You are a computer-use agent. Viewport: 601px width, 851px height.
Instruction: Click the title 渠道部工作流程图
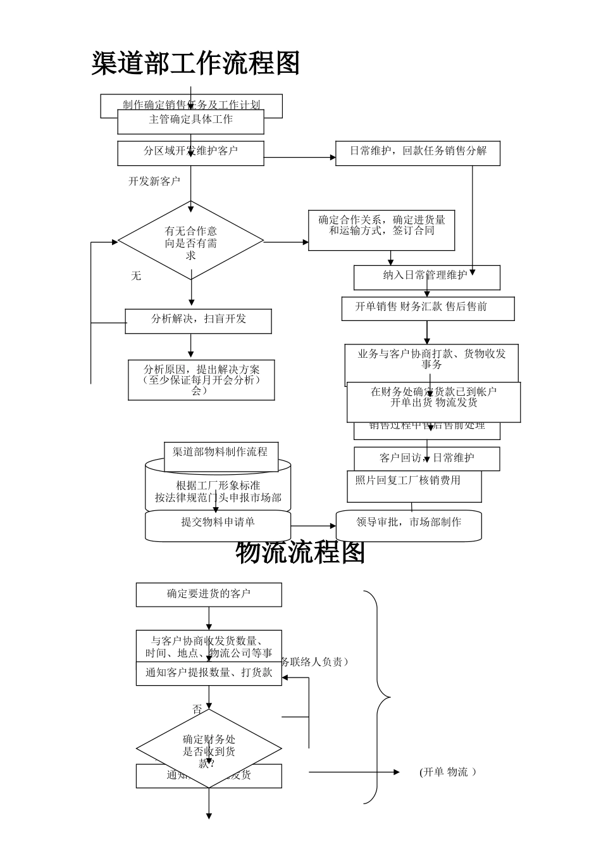click(195, 64)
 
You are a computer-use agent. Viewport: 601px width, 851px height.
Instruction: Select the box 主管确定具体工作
click(190, 120)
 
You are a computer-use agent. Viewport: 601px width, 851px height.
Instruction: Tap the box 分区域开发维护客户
click(190, 152)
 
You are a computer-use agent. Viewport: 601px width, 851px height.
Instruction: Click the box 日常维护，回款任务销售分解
click(418, 152)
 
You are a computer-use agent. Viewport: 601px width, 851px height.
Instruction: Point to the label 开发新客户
click(154, 181)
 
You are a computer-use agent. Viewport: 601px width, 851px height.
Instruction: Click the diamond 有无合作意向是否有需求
click(190, 241)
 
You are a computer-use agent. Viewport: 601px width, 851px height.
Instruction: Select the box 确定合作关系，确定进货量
click(381, 230)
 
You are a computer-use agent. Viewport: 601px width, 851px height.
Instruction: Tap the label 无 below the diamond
click(136, 276)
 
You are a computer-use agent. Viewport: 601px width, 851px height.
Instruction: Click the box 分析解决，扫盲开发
click(199, 320)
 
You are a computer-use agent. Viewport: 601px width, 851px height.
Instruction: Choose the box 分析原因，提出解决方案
click(201, 380)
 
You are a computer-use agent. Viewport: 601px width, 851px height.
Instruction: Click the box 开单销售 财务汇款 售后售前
click(428, 308)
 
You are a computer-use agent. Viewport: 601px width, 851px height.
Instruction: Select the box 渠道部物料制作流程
click(220, 452)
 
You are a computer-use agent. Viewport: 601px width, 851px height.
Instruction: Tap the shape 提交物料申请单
click(218, 524)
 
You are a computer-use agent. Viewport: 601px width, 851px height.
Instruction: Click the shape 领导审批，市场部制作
click(409, 524)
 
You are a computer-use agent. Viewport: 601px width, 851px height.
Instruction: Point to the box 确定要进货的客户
click(209, 594)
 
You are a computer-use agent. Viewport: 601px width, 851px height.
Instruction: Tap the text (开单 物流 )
click(447, 772)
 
